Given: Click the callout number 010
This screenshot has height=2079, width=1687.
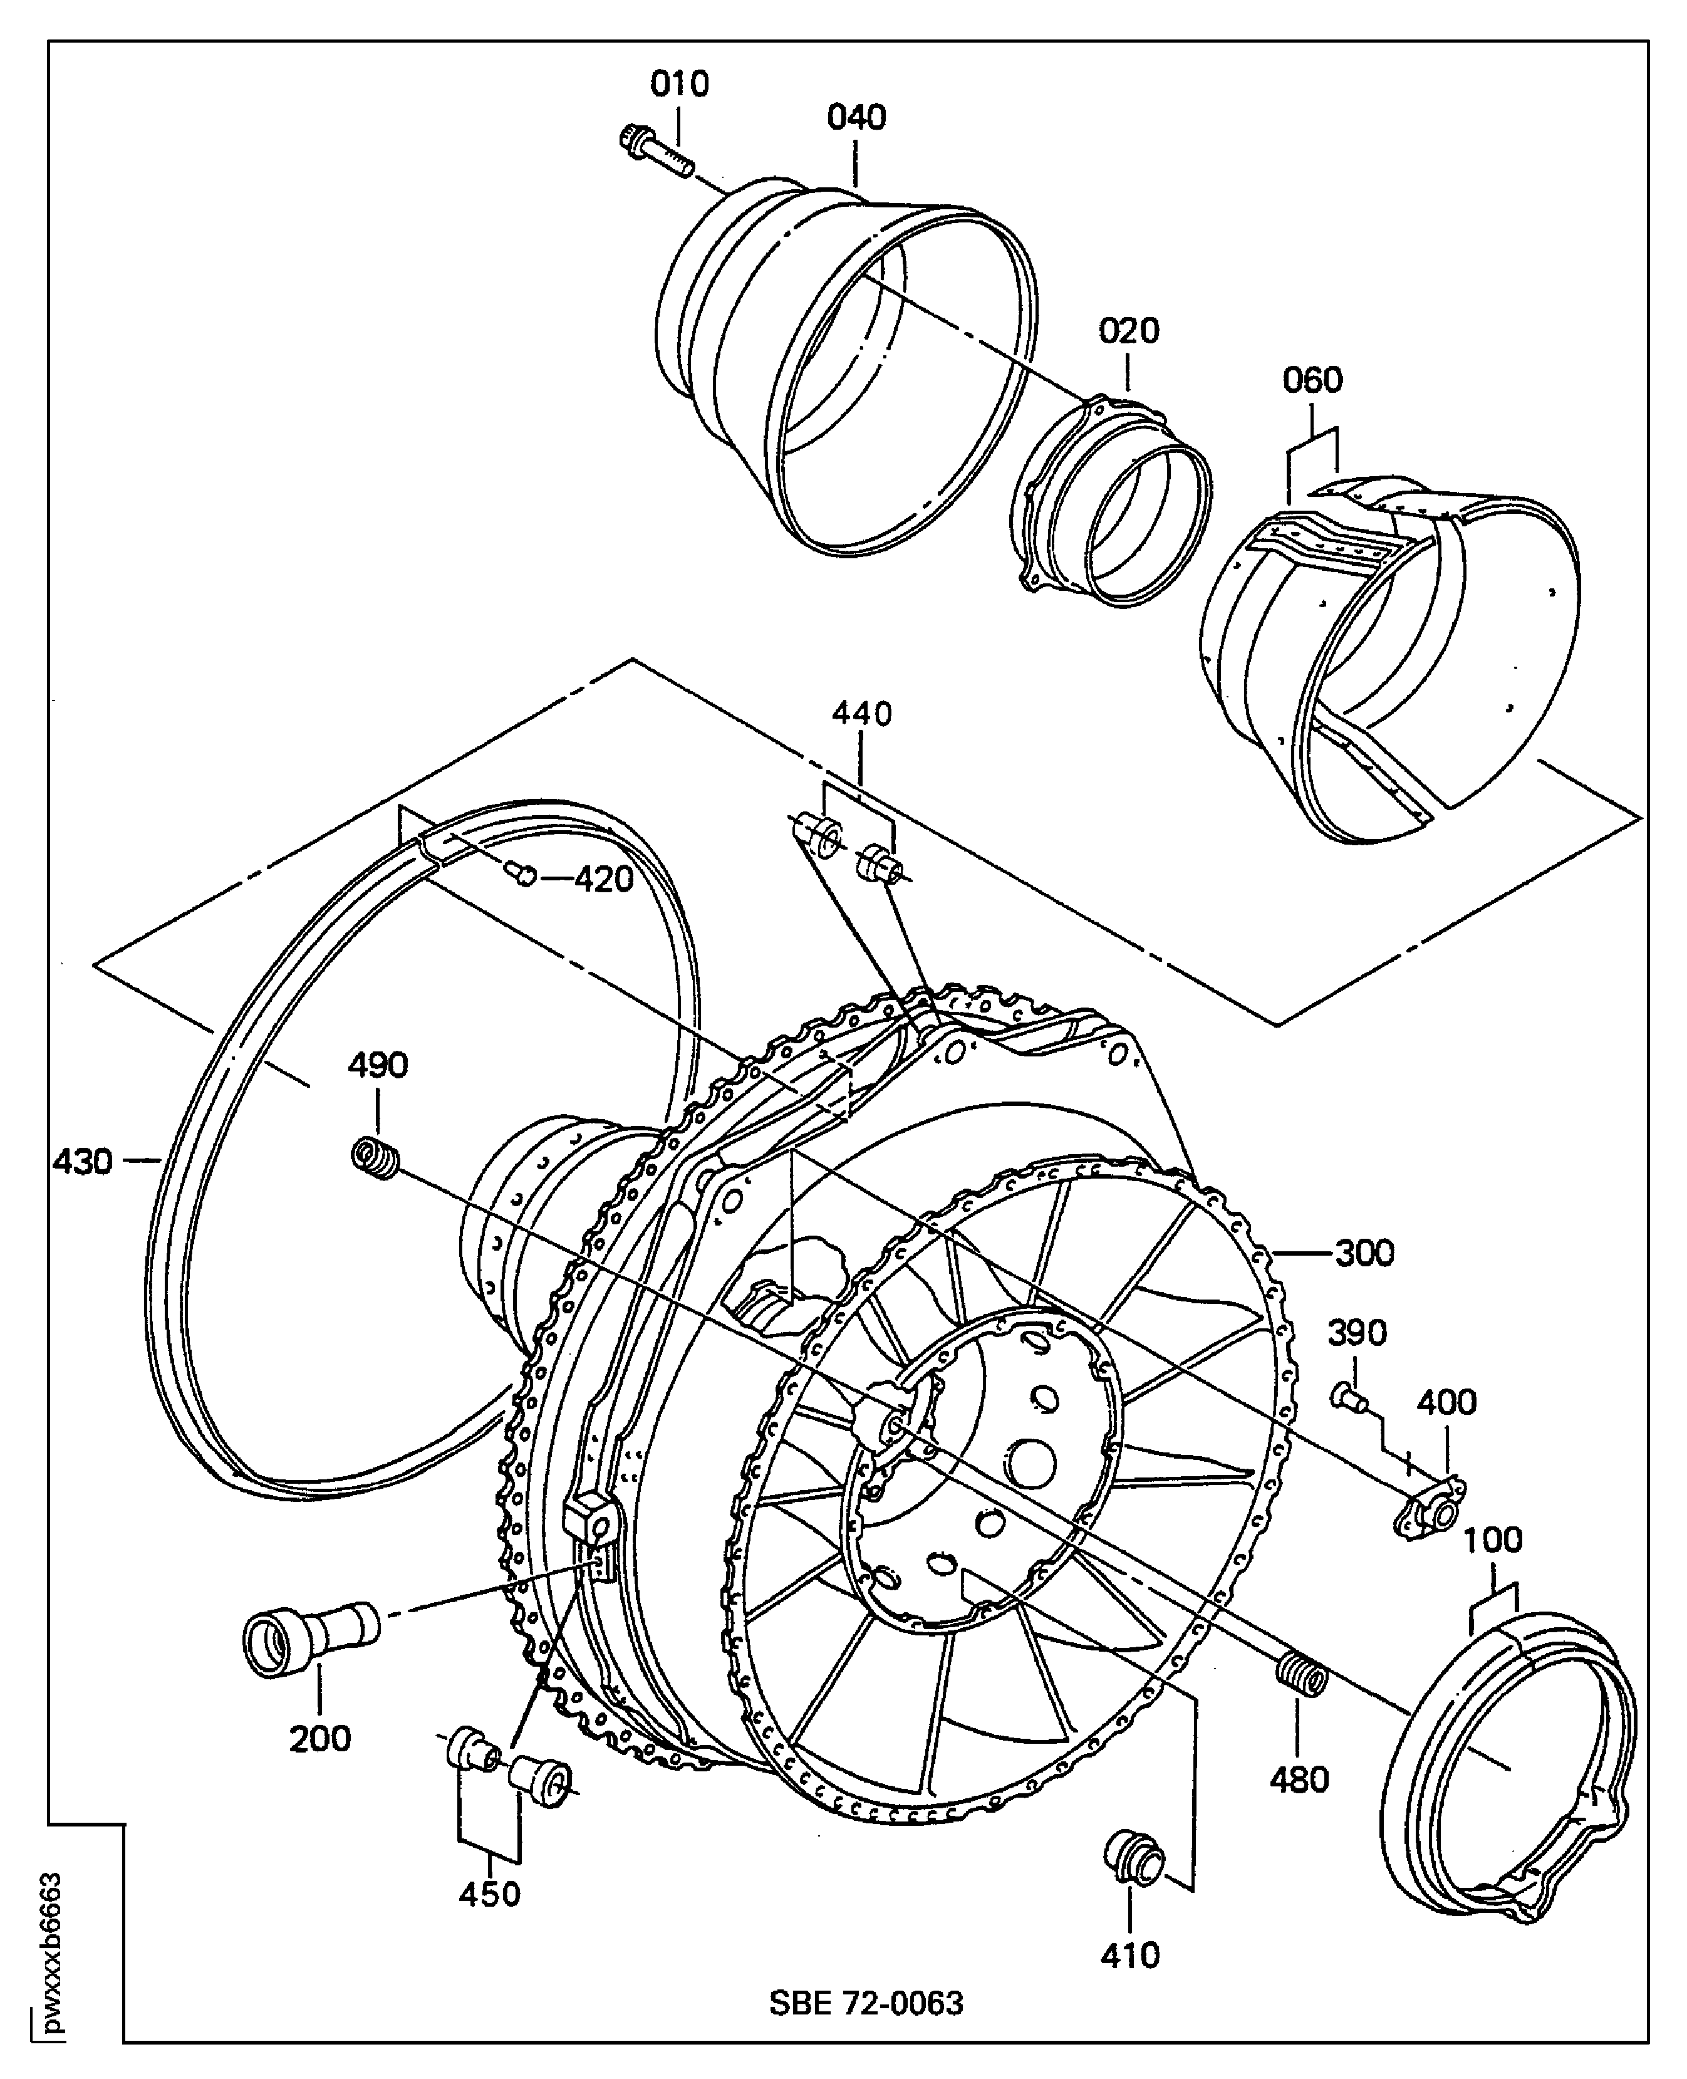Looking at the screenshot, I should coord(679,85).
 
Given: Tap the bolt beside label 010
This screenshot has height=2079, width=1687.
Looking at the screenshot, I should coord(655,150).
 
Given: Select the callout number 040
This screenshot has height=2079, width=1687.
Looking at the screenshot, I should coord(856,118).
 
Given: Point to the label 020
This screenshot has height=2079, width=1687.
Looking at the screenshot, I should coord(1128,331).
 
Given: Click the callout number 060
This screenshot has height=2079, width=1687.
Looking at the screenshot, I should coord(1312,380).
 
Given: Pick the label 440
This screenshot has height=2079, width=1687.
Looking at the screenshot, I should coord(861,714).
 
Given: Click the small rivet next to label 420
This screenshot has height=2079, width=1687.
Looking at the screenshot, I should coord(523,875).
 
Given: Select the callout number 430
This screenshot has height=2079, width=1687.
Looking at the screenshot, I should coord(83,1162).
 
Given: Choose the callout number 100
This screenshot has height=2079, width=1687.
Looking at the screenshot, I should coord(1493,1541).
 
